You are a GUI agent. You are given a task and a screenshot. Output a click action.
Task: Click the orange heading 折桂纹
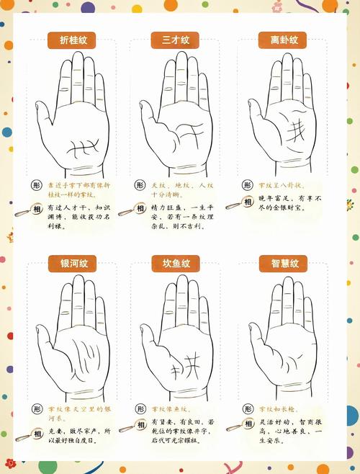pos(72,41)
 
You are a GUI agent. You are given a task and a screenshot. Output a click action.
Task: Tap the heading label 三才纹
pos(175,41)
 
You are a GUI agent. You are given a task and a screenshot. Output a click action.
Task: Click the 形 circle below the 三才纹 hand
pos(140,185)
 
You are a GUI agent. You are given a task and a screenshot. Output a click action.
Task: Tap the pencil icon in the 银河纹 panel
pos(22,434)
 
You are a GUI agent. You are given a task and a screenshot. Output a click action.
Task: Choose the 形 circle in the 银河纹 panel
pos(37,408)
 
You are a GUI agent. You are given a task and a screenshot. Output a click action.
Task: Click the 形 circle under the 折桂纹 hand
pos(37,185)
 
